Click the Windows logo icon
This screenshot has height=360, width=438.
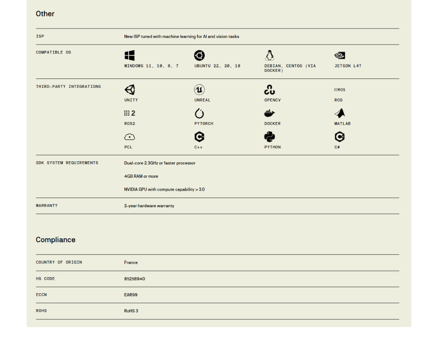tap(130, 55)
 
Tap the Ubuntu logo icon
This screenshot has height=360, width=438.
tap(199, 55)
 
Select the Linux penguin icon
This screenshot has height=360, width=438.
tap(269, 55)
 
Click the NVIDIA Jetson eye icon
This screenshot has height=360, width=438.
tap(340, 55)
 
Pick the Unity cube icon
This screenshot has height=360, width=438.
tap(130, 90)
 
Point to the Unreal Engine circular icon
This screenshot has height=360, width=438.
tap(199, 90)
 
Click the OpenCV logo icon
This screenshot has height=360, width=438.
tap(269, 90)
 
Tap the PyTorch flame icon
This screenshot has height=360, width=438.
tap(199, 113)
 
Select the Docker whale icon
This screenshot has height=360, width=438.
tap(269, 113)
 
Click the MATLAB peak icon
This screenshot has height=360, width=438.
tap(340, 113)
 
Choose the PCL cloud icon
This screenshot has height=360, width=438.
tap(130, 137)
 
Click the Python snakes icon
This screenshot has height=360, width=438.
tap(269, 137)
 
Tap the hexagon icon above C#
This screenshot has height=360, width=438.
tap(340, 137)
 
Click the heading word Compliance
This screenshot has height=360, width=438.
tap(56, 240)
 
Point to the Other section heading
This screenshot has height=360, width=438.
tap(45, 14)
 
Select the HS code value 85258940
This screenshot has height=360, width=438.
tap(134, 279)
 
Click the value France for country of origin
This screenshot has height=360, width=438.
tap(131, 262)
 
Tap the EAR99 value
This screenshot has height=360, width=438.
tap(131, 295)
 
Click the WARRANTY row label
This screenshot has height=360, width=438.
tap(47, 206)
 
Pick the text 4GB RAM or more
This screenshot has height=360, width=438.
tap(141, 176)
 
